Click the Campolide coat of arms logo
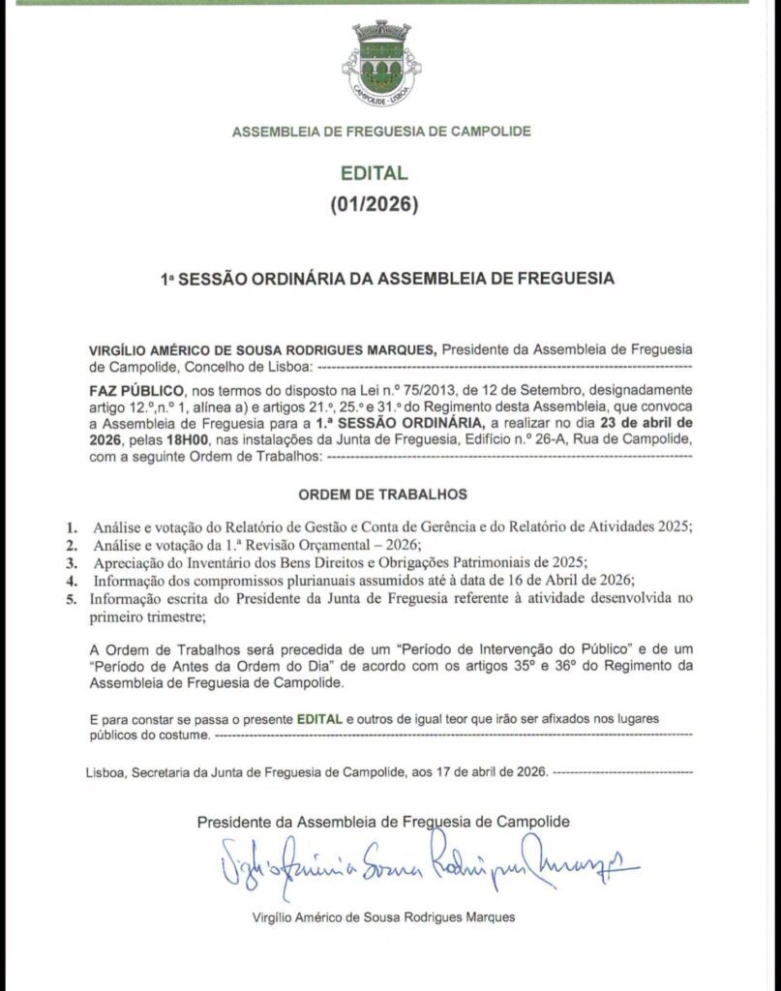coord(381,65)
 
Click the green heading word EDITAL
coord(375,174)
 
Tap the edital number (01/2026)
coord(375,204)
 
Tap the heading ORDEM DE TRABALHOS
coord(382,495)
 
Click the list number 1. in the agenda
coord(71,527)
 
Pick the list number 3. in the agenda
coord(71,562)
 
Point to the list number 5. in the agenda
coord(71,598)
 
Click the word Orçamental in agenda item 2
coord(319,545)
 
